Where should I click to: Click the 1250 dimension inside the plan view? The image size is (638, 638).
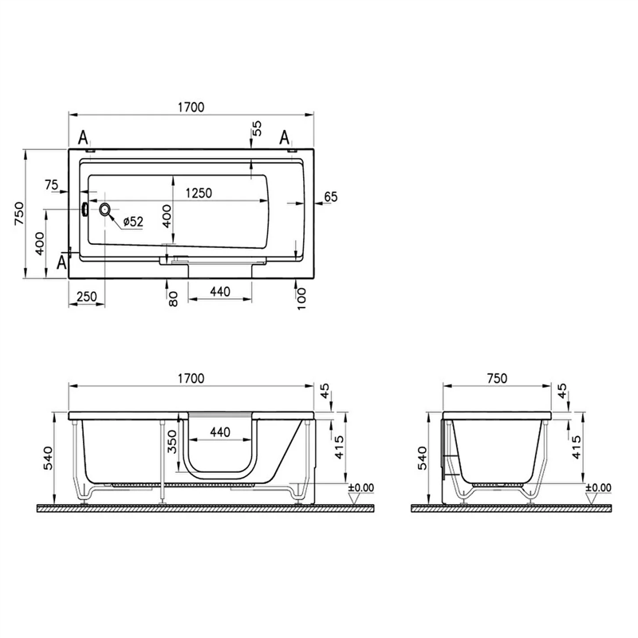[199, 192]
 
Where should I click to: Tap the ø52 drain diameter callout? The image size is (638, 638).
[133, 222]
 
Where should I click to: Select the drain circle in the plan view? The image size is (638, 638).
[105, 210]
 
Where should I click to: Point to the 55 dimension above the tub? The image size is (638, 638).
[257, 128]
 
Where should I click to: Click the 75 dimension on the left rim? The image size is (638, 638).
[51, 185]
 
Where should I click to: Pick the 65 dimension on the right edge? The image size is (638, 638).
[331, 197]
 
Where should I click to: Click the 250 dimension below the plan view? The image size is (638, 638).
[87, 296]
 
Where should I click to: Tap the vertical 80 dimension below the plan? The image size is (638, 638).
[173, 299]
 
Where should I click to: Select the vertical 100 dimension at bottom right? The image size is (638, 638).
[301, 298]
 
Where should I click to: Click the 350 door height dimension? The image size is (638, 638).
[172, 442]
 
